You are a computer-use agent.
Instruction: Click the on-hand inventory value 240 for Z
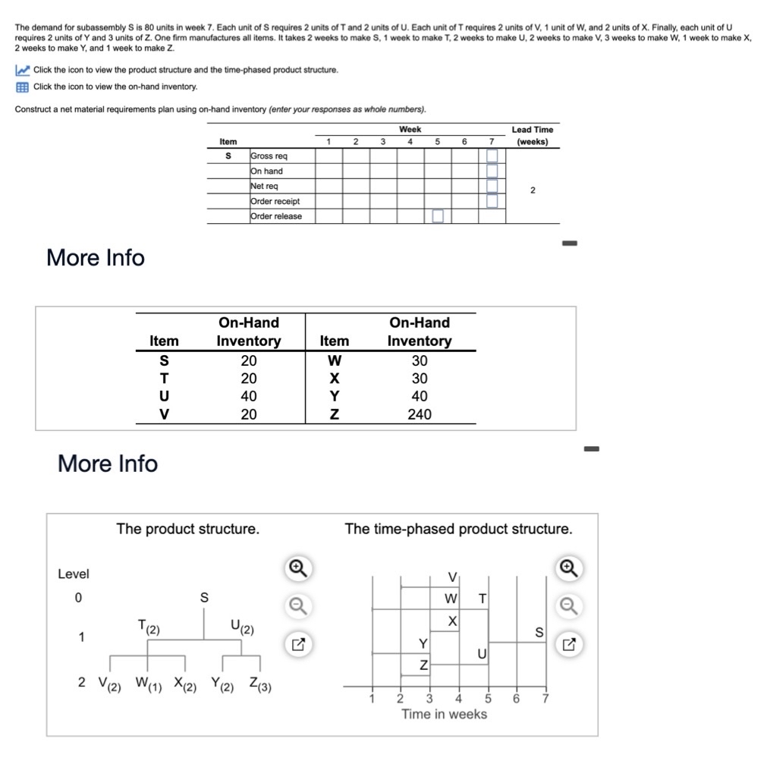click(419, 414)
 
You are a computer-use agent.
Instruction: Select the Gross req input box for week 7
click(492, 156)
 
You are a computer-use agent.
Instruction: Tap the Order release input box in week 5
click(438, 216)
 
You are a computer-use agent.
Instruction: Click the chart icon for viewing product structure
click(22, 70)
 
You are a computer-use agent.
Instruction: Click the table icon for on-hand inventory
click(22, 86)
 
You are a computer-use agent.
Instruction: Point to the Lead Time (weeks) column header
click(532, 135)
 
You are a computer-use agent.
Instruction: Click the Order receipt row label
click(275, 201)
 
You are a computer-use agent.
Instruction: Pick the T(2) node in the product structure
click(147, 627)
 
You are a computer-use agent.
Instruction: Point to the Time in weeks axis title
click(444, 714)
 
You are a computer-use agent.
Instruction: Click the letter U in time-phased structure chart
click(481, 654)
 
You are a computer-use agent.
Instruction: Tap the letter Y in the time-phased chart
click(423, 643)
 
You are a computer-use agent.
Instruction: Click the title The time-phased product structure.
click(458, 529)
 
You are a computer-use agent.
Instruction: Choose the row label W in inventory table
click(334, 360)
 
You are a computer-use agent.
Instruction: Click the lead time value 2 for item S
click(532, 190)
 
